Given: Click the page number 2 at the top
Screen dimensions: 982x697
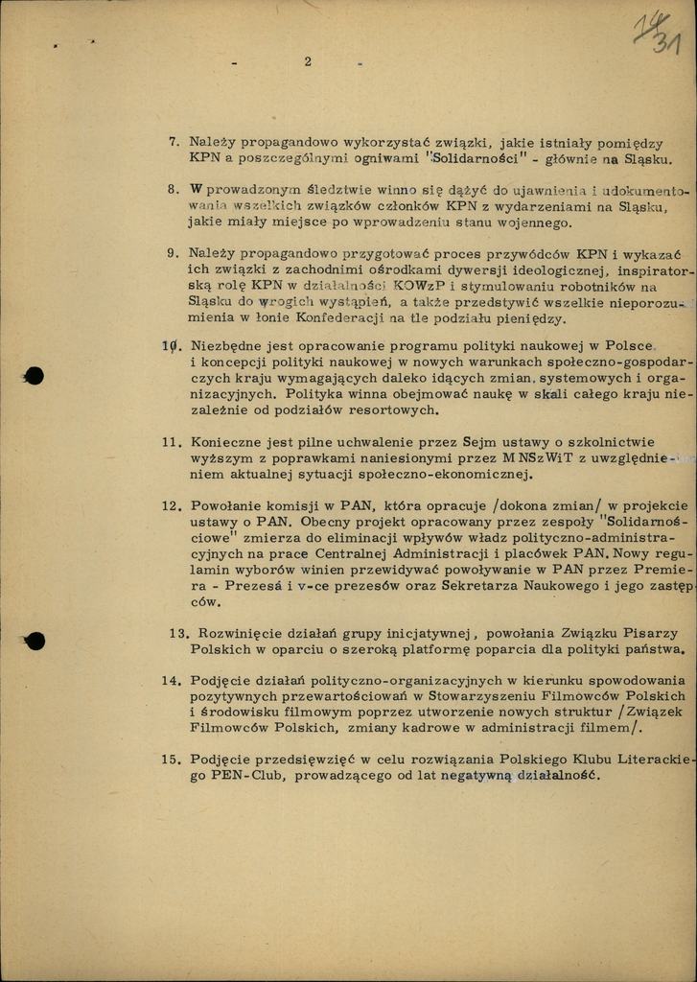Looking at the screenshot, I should [x=308, y=62].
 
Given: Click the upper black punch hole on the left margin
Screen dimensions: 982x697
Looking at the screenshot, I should [x=35, y=376].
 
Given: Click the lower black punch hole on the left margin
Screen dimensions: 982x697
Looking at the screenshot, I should [x=35, y=640].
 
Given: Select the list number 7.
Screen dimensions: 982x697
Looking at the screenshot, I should [x=174, y=142].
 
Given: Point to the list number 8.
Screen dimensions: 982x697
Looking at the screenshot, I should [x=174, y=190].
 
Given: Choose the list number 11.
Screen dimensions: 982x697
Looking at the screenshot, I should [x=171, y=442].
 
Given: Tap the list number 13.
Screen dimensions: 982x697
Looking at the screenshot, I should [x=178, y=633].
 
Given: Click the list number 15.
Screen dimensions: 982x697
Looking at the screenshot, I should [x=171, y=759].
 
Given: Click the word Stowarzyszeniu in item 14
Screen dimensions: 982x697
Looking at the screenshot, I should [x=484, y=695].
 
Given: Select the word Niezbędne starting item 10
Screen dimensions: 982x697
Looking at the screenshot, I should [x=228, y=347].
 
